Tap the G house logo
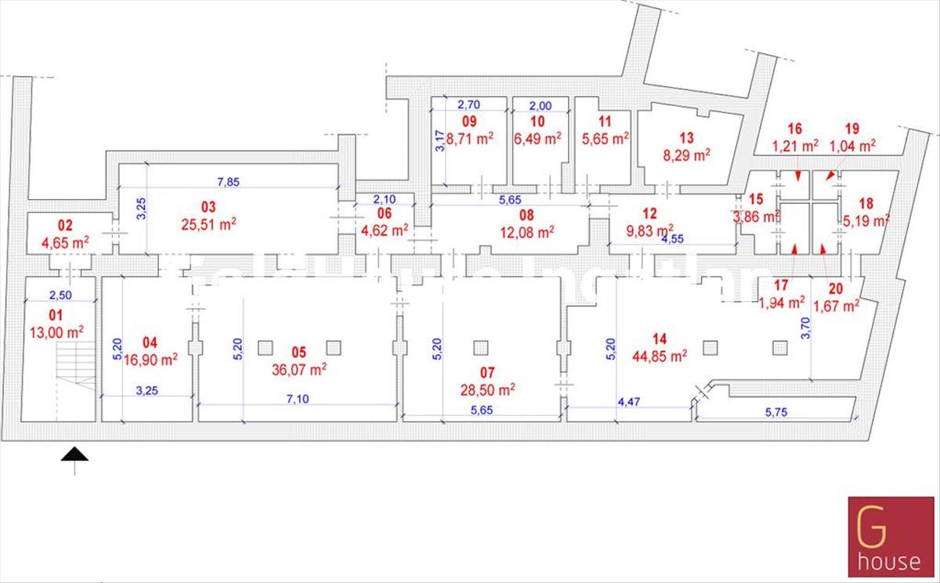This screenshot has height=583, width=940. (x=893, y=539)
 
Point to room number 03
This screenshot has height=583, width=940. (x=208, y=207)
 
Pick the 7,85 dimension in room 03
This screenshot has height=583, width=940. (x=229, y=183)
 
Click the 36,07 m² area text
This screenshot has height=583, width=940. (x=299, y=369)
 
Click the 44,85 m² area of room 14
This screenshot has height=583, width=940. (x=660, y=355)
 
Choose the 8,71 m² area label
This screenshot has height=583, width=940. (x=472, y=138)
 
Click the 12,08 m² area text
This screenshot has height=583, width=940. (x=527, y=231)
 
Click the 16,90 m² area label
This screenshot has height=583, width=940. (x=150, y=359)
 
